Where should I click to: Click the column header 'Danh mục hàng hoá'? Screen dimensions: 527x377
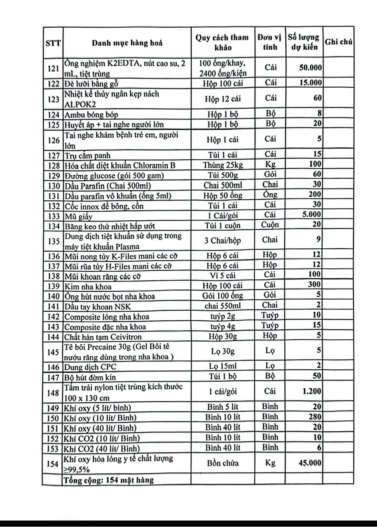point(127,43)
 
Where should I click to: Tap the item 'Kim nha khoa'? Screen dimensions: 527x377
point(88,286)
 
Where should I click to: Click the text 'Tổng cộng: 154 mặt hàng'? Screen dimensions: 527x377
point(109,480)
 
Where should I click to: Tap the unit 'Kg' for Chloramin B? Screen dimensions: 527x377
point(270,166)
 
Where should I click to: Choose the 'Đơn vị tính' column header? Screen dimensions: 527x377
point(270,42)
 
